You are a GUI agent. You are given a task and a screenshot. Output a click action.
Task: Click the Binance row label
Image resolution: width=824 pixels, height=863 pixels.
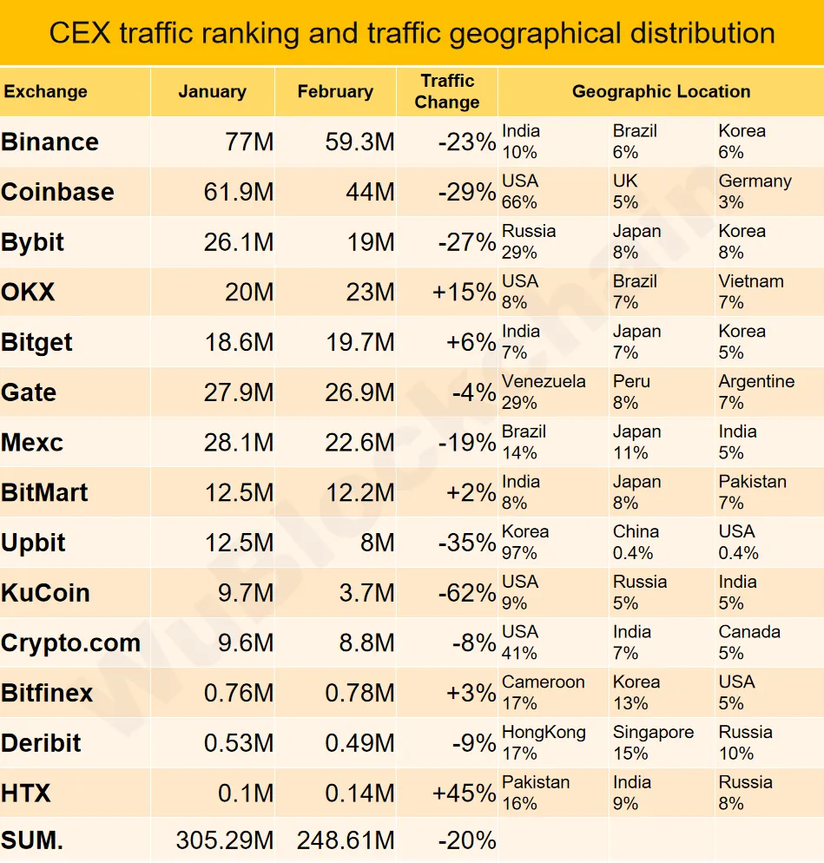[50, 142]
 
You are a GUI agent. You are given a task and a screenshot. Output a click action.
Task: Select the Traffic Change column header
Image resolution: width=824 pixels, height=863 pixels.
[447, 91]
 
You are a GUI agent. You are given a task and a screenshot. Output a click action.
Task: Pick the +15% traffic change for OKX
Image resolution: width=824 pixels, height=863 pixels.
[464, 293]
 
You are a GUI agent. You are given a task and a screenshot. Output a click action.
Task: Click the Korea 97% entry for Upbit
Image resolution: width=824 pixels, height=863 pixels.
[525, 543]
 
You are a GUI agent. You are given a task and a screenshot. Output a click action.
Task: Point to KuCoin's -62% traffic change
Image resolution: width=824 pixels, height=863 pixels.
[466, 593]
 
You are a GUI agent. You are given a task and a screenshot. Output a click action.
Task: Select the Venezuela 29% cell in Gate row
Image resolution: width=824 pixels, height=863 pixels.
[544, 392]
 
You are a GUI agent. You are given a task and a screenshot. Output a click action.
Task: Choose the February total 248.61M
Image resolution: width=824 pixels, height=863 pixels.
[346, 840]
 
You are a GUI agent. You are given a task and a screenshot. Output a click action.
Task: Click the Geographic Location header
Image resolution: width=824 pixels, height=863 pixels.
[661, 91]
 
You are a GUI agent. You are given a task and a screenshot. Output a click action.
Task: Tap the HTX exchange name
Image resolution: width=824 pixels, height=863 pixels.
[26, 794]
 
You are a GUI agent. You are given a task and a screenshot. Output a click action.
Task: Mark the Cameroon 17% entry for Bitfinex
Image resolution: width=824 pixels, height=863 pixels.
[543, 693]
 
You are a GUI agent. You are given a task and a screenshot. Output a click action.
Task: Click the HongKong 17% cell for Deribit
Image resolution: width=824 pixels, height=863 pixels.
[544, 742]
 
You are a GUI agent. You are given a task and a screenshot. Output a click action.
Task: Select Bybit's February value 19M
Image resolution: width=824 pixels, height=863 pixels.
[371, 242]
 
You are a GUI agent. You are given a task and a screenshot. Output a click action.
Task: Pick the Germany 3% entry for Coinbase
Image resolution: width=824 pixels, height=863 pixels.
[755, 192]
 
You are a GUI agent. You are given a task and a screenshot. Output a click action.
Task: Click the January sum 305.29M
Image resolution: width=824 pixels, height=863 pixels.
[224, 840]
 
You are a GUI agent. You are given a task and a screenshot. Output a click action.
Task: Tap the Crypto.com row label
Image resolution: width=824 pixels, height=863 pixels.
[71, 643]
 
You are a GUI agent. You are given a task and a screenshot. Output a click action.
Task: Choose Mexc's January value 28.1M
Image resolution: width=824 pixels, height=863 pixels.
[239, 443]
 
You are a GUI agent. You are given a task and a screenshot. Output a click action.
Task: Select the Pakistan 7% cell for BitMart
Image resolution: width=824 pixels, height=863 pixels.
[752, 492]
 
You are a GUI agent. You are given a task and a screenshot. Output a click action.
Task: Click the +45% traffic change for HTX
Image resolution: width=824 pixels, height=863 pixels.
[464, 794]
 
